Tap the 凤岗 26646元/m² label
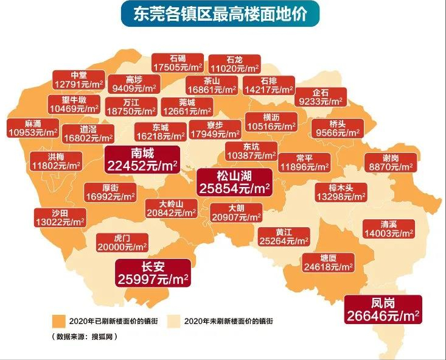[x=383, y=309]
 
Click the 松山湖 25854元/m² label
[x=235, y=182]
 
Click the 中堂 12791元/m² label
[x=79, y=80]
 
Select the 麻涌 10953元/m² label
[x=33, y=128]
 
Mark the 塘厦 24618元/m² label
[x=329, y=263]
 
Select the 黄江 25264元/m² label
[x=284, y=236]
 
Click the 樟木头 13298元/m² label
[x=341, y=192]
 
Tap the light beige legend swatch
[x=175, y=320]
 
